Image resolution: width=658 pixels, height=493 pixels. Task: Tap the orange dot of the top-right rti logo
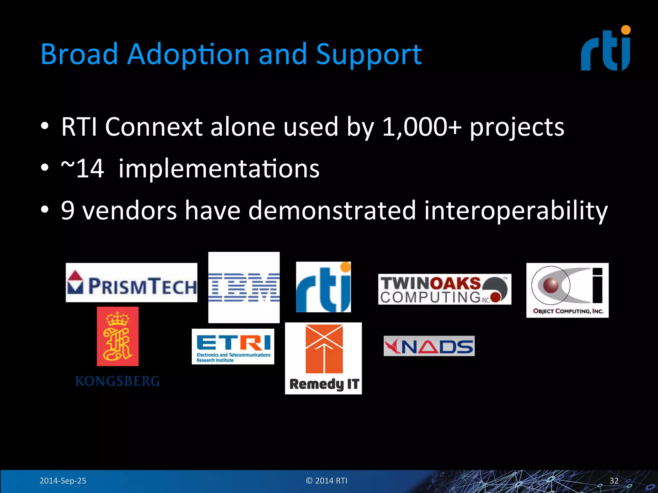(x=626, y=30)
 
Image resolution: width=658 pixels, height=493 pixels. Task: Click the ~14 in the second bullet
(x=83, y=169)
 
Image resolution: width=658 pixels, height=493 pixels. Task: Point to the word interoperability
(x=516, y=211)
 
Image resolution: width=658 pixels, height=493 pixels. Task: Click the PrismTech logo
(x=131, y=282)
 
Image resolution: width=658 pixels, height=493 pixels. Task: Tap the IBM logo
(x=244, y=287)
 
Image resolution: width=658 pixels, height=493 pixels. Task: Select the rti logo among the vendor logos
(x=323, y=287)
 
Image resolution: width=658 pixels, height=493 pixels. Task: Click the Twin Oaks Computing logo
(x=444, y=289)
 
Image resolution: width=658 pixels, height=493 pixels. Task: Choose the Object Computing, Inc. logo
(x=567, y=290)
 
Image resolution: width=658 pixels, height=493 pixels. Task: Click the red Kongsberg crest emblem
(x=118, y=336)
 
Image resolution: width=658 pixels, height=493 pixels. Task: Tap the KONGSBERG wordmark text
(x=118, y=381)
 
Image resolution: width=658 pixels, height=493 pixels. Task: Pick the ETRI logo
(x=233, y=346)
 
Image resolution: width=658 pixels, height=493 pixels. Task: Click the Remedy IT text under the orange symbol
(x=324, y=384)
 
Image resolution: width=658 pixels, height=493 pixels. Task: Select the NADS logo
(x=429, y=346)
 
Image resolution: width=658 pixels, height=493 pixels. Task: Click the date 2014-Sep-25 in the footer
(x=63, y=481)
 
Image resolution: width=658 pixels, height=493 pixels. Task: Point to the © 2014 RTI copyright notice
(x=326, y=481)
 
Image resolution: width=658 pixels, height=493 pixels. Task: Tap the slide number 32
(x=614, y=481)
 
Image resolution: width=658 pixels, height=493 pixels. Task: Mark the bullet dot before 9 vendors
(x=45, y=210)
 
